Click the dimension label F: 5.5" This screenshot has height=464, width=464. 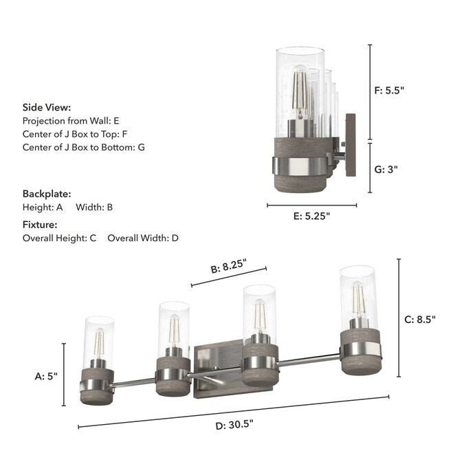coord(389,90)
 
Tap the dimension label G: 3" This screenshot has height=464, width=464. coord(386,169)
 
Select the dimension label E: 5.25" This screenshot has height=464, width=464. coord(311,216)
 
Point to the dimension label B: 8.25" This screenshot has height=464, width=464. coord(228,266)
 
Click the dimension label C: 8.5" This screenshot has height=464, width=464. coord(420,320)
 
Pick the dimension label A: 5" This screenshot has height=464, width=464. coord(46,376)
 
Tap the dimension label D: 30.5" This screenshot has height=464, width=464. coord(234,425)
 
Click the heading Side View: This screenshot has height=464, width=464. coord(47,107)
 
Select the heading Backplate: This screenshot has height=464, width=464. coord(47,194)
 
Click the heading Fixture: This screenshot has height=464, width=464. coord(40,225)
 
